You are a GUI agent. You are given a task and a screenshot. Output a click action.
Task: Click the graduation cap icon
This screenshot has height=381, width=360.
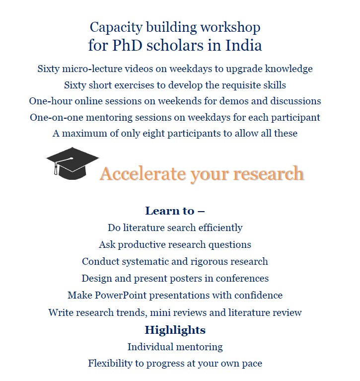[x=72, y=163]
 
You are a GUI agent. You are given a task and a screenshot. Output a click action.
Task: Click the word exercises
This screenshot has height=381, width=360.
[x=136, y=85]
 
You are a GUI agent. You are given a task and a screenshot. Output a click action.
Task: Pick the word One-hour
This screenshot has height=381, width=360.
[x=50, y=101]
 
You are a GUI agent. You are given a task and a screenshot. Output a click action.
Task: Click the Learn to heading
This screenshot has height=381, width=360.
[x=175, y=211]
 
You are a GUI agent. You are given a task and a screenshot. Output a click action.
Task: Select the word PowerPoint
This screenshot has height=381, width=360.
[x=118, y=296]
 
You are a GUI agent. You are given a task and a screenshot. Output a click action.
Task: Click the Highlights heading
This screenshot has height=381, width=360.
[x=175, y=330]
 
